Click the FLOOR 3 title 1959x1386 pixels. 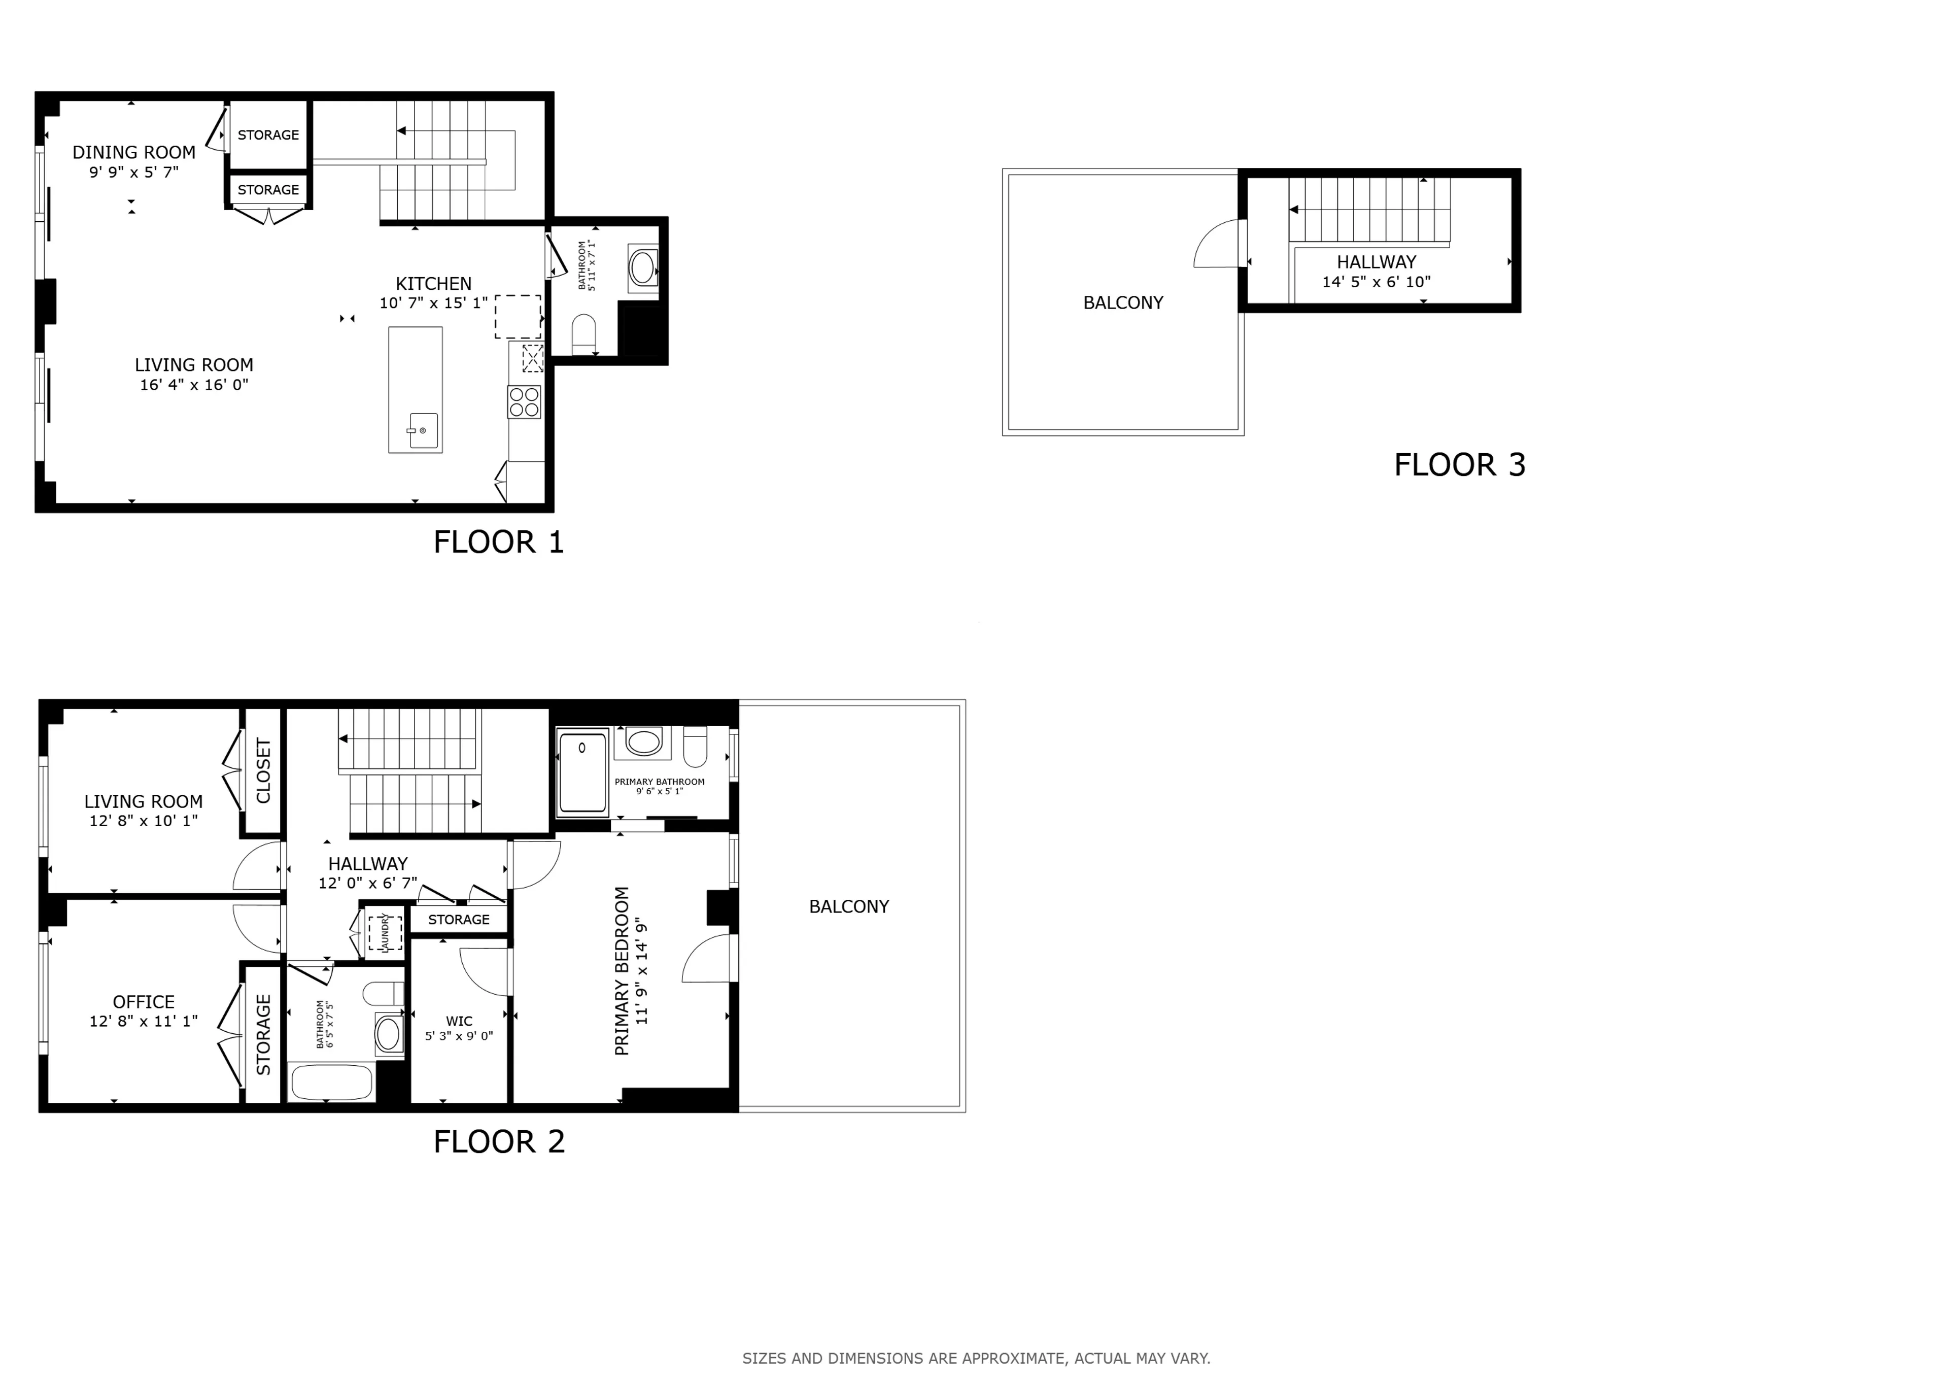coord(1459,465)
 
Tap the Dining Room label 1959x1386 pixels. coord(134,152)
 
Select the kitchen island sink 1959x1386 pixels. coord(422,431)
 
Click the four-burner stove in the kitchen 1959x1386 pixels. coord(524,402)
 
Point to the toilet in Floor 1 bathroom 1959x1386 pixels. coord(583,333)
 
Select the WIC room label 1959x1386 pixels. coord(459,1021)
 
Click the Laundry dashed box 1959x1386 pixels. coord(385,933)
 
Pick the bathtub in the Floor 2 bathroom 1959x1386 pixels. coord(332,1082)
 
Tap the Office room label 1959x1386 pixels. coord(144,1002)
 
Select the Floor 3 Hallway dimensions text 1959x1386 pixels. coord(1376,282)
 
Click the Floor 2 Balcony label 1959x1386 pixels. coord(848,906)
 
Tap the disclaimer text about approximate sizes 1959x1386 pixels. coord(976,1358)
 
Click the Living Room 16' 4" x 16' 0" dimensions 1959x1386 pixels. coord(194,385)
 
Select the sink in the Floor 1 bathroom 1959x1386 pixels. coord(642,267)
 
